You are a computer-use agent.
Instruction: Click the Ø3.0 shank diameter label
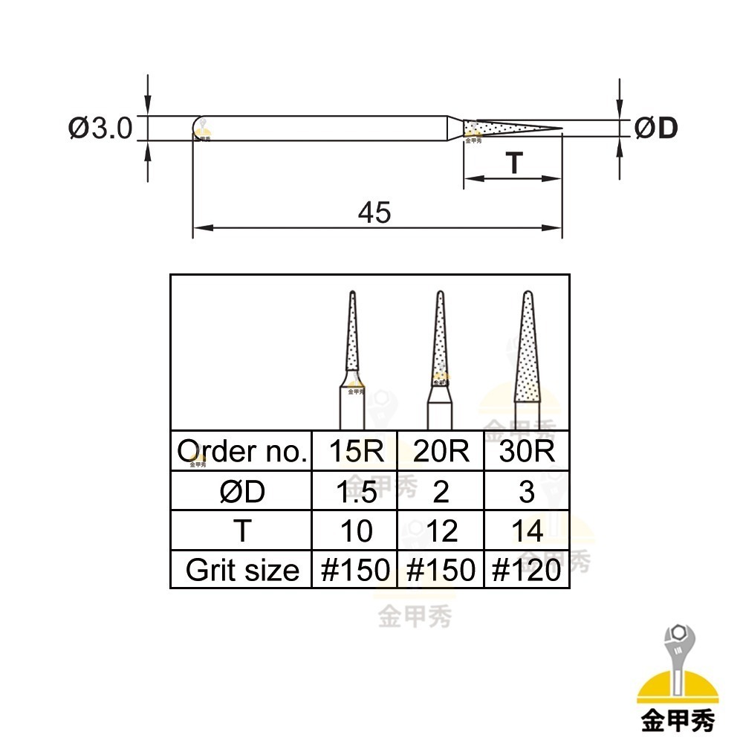click(100, 128)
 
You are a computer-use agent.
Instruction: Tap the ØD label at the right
click(656, 129)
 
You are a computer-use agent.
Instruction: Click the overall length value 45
click(374, 213)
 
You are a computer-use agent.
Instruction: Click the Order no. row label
click(241, 451)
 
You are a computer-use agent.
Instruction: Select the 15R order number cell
click(354, 451)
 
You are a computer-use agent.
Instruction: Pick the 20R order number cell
click(441, 451)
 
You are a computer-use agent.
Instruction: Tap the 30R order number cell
click(527, 451)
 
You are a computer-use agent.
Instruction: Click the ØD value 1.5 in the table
click(354, 491)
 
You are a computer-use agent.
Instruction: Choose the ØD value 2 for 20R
click(441, 491)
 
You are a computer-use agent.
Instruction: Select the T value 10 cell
click(354, 531)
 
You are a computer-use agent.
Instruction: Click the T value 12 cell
click(441, 531)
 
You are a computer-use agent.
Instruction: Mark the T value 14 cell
click(527, 531)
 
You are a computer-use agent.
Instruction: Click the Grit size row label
click(241, 570)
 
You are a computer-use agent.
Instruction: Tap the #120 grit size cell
click(527, 570)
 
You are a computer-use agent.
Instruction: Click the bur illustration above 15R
click(351, 357)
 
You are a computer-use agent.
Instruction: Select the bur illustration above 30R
click(528, 357)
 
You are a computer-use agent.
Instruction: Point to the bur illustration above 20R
click(441, 357)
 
